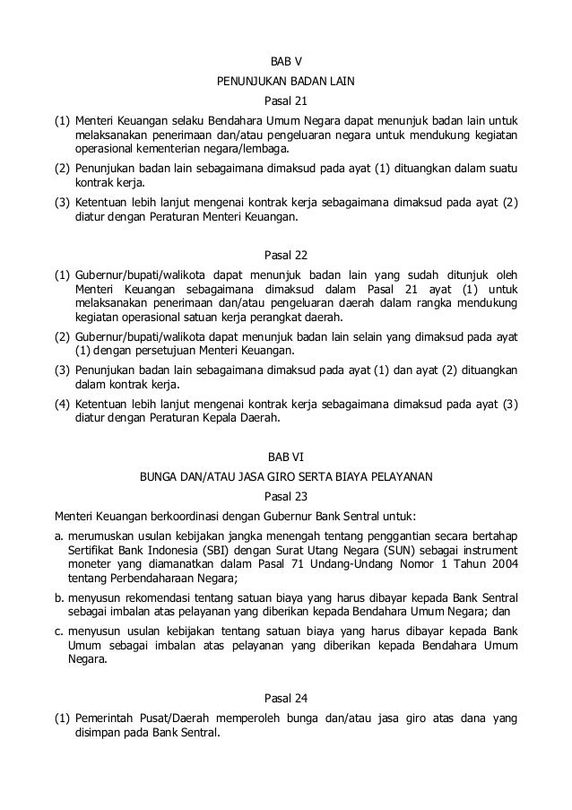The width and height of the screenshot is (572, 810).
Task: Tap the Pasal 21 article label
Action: coord(286,100)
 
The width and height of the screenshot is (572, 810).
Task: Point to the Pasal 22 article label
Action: coord(286,255)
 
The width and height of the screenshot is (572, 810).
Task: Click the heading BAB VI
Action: coord(286,457)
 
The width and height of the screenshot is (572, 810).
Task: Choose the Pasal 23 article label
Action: coord(286,495)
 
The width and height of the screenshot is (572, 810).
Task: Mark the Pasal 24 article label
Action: coord(286,698)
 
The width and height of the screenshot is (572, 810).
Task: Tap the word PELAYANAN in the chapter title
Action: coord(403,476)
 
